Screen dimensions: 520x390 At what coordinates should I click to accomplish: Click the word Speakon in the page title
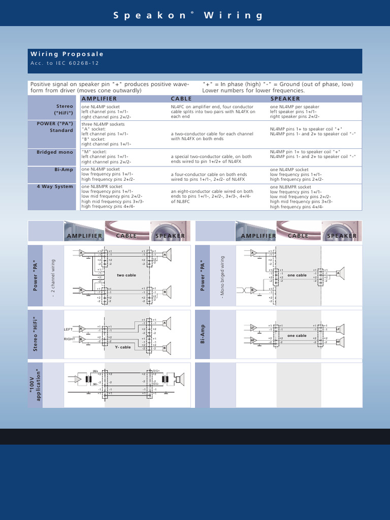coord(150,16)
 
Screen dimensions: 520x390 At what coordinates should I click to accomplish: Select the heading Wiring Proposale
coord(67,54)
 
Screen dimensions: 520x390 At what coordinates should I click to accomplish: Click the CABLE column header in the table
coord(181,99)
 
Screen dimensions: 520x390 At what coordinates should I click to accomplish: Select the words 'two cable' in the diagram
coord(126,275)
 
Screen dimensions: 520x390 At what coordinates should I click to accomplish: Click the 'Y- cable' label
coord(123,347)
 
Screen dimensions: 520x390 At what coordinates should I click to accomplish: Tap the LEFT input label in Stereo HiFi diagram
coord(69,329)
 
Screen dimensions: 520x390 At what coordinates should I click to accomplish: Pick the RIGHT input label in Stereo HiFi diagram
coord(69,339)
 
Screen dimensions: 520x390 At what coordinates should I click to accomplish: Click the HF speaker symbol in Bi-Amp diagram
coord(338,342)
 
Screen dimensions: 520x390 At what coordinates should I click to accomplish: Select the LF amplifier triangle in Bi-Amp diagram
coord(253,328)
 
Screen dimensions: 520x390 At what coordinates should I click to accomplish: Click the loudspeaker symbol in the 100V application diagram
coord(178,379)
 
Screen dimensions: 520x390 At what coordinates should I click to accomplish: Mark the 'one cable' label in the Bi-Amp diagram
coord(297,336)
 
